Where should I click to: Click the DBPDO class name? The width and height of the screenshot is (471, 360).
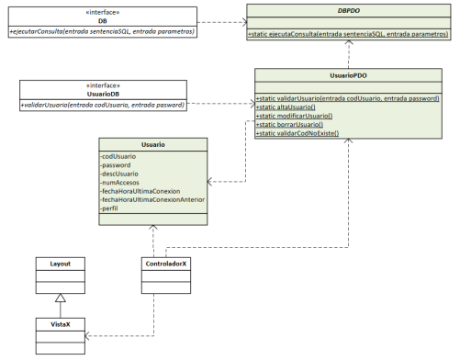click(349, 9)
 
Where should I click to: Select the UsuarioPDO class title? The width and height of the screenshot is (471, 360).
click(349, 78)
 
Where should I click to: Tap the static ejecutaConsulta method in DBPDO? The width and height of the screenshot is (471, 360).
click(349, 34)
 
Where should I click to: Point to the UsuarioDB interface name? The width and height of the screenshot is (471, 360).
click(103, 94)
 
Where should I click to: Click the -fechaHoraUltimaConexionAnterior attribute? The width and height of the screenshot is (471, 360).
click(151, 200)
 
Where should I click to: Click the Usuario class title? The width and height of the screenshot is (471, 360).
click(153, 144)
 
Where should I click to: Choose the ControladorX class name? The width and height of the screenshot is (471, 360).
click(166, 264)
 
